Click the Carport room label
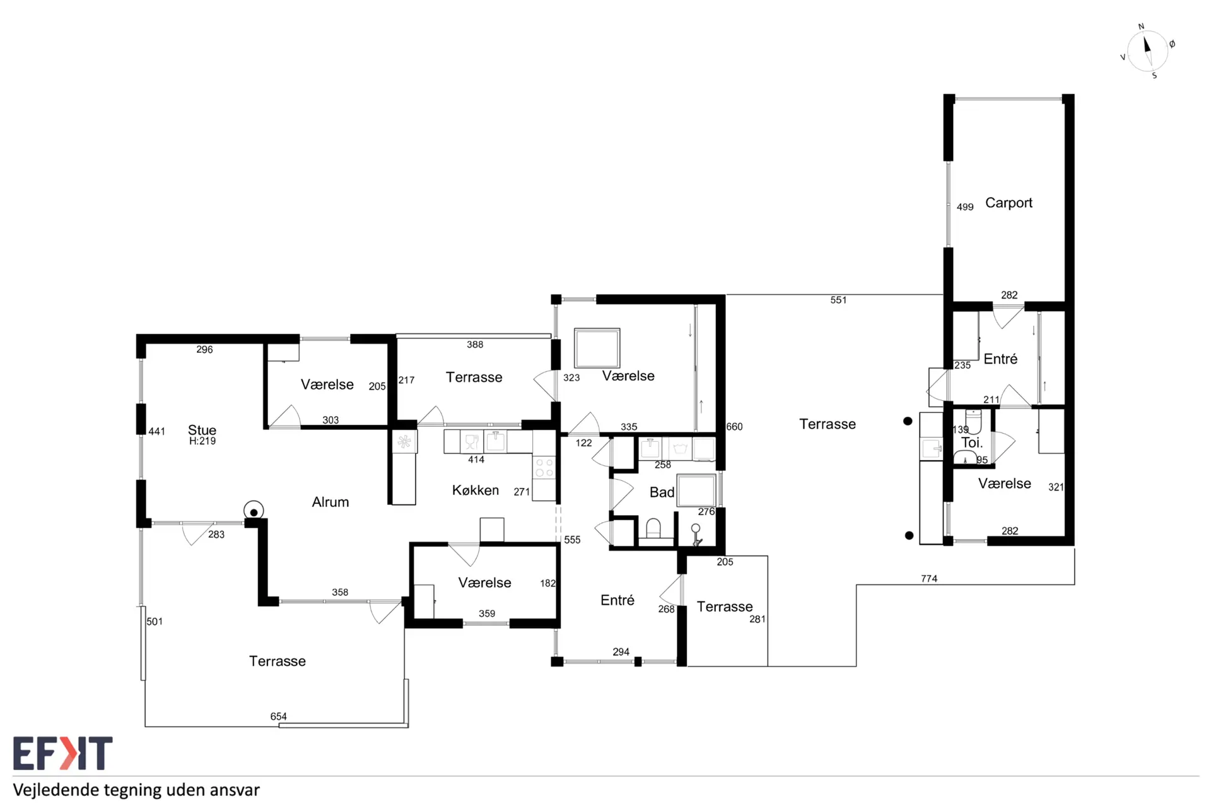coord(1009,203)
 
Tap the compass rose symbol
coord(1147,51)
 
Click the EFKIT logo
coord(62,753)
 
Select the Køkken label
coord(476,490)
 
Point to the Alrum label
coord(331,502)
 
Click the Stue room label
coord(202,430)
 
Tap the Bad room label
coord(662,492)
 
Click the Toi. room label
coord(972,443)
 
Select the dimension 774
coord(929,578)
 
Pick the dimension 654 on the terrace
coord(278,716)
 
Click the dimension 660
coord(734,427)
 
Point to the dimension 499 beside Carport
coord(965,207)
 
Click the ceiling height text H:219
coord(202,441)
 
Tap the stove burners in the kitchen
coord(544,468)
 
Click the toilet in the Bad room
coord(653,528)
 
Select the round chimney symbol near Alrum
coord(254,511)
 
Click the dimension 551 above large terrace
coord(838,300)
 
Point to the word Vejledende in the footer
coord(56,790)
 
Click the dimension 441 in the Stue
coord(156,432)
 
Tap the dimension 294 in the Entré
coord(621,652)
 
